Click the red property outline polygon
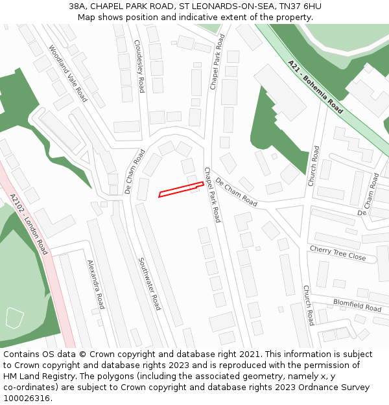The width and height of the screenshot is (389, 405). click(181, 189)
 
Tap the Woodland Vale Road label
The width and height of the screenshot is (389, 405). click(67, 73)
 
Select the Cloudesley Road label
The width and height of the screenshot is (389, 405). click(139, 65)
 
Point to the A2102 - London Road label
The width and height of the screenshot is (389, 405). click(29, 224)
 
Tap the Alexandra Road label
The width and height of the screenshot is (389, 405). click(96, 284)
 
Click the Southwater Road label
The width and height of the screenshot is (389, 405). click(149, 283)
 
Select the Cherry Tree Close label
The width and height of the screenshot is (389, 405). click(337, 253)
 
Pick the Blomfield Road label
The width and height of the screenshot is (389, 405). click(357, 305)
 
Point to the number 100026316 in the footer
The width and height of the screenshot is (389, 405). click(27, 398)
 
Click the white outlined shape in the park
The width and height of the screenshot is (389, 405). click(14, 317)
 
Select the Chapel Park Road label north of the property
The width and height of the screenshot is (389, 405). click(217, 62)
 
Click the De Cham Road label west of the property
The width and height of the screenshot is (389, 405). click(135, 172)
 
